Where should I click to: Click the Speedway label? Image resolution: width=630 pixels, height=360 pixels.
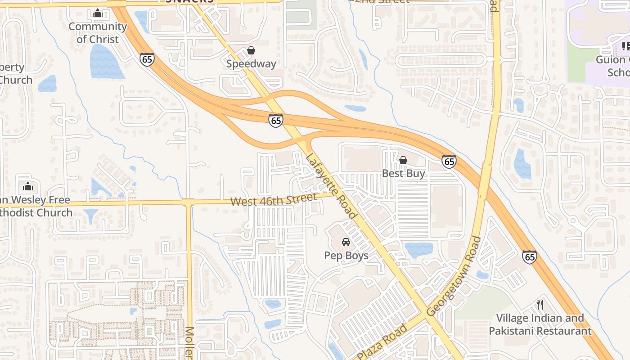251,64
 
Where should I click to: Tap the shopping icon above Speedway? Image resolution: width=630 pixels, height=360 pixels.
251,50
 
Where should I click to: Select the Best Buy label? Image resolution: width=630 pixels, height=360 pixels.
403,173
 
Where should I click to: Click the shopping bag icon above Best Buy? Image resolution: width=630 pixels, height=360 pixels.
403,160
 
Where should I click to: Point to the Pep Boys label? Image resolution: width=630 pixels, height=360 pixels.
346,256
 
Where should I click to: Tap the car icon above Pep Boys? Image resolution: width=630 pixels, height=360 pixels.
346,242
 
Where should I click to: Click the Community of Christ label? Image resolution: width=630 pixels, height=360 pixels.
98,33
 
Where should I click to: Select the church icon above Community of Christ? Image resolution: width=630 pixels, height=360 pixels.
98,13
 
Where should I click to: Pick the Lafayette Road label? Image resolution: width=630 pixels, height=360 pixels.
331,186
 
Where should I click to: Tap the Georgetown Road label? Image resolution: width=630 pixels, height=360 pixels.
454,276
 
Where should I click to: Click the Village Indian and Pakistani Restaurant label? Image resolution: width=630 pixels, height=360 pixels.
540,324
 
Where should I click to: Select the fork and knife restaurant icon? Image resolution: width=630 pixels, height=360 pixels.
540,305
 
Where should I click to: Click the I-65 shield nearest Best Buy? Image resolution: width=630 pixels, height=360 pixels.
449,162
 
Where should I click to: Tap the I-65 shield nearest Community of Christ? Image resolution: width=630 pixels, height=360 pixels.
147,59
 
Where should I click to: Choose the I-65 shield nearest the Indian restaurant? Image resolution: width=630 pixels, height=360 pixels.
530,257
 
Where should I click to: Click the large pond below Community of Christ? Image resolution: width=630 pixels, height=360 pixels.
106,62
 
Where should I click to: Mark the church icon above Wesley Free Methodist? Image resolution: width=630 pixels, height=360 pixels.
28,186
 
